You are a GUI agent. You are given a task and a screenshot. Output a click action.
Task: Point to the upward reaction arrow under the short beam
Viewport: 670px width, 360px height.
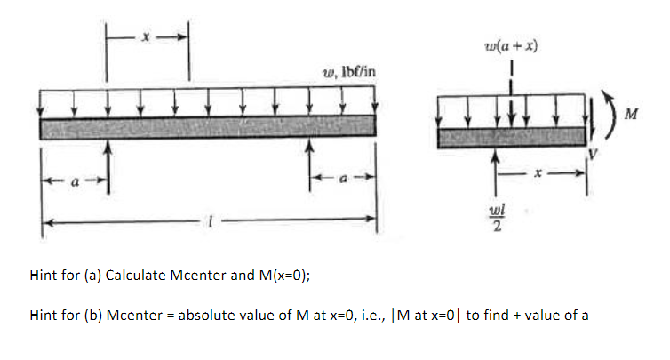click(497, 169)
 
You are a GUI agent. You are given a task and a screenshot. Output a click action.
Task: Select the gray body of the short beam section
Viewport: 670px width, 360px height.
click(512, 135)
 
